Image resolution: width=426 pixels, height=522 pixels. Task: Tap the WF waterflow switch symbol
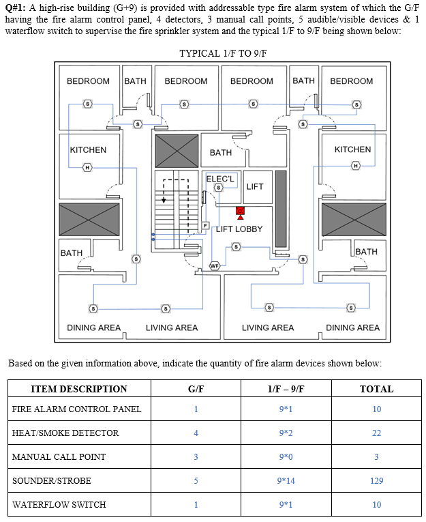point(214,265)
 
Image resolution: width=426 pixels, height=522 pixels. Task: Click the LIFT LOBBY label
point(239,229)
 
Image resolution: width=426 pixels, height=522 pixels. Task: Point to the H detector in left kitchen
point(87,166)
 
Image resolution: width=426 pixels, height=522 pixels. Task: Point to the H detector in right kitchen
point(355,166)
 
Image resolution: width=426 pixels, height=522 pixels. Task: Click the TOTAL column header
point(376,389)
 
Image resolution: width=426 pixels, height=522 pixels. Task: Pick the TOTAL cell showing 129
point(376,481)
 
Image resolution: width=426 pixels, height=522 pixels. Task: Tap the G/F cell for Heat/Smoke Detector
point(196,433)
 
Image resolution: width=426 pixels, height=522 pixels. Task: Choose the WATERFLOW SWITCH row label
point(59,505)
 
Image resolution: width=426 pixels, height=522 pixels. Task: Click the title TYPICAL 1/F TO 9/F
point(223,53)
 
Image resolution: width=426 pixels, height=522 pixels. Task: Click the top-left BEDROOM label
point(88,81)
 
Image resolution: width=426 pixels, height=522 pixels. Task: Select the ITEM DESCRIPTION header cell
point(79,389)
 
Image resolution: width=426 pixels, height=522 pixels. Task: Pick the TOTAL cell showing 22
point(376,433)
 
